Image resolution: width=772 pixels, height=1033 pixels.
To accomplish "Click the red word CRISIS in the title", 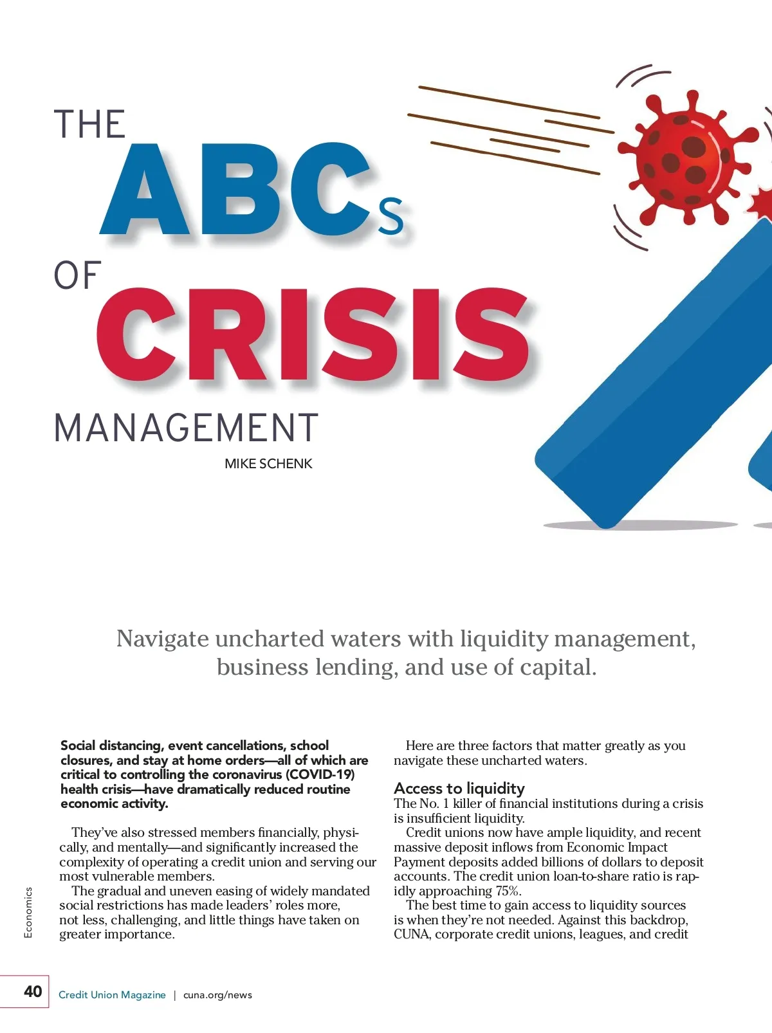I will coord(313,334).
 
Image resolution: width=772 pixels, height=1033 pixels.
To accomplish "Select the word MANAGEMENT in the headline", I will coord(186,428).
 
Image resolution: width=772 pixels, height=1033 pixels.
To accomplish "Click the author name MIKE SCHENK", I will coord(268,464).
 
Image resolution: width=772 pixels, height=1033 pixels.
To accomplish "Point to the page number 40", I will coord(32,991).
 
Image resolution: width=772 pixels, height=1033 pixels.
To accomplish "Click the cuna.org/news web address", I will coord(217,995).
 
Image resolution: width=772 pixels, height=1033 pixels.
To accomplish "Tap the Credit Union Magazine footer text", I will coord(112,995).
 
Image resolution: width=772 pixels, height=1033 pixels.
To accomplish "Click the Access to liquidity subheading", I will coord(459,788).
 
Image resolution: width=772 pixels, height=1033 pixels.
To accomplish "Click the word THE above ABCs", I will coord(89,125).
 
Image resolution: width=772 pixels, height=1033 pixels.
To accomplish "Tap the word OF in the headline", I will coord(77,276).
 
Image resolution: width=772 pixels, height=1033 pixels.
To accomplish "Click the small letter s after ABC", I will coord(391,216).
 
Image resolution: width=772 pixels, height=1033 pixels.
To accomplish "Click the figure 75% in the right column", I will coord(507,891).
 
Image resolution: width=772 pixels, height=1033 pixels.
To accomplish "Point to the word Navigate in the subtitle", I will coord(162,639).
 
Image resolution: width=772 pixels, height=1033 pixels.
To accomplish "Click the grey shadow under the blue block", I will coord(640,526).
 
